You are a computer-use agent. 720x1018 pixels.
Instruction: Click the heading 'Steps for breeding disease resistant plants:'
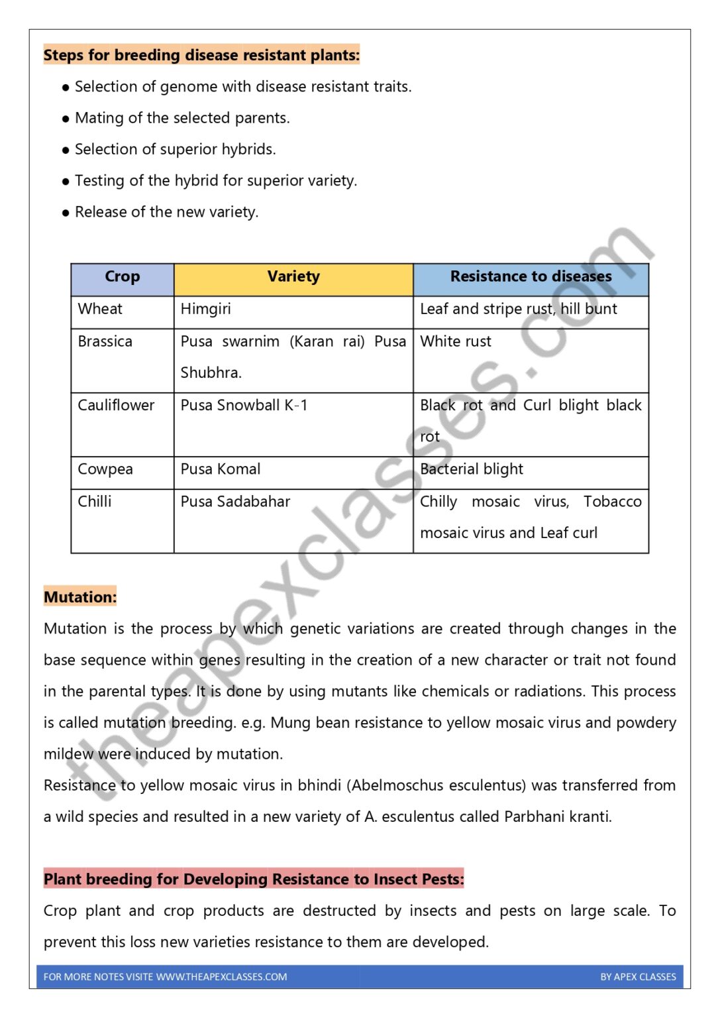coord(201,55)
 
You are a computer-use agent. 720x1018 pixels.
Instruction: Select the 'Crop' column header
coord(122,277)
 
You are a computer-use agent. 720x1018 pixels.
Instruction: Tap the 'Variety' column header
coord(293,277)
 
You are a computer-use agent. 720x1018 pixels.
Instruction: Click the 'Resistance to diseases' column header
coord(531,277)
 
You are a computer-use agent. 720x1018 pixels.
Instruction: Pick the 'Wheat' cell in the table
coord(100,310)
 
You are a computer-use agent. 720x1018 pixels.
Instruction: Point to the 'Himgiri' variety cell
coord(205,310)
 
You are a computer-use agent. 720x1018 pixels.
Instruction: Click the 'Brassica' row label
coord(105,342)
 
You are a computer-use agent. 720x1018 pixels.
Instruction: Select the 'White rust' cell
coord(456,342)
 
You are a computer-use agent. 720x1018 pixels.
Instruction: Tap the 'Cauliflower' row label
coord(116,406)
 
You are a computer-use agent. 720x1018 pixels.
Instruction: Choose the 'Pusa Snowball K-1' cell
coord(244,406)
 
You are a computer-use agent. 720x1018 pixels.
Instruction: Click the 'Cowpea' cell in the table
coord(105,469)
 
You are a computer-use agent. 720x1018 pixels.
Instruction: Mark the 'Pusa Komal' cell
coord(220,469)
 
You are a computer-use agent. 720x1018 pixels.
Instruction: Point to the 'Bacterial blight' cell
coord(471,469)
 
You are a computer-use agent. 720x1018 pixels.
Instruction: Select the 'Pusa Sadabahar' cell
coord(235,502)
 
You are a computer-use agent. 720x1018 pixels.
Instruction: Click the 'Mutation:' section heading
coord(80,597)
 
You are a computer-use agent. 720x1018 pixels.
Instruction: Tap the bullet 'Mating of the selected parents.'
coord(182,118)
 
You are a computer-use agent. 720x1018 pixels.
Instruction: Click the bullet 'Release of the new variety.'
coord(166,212)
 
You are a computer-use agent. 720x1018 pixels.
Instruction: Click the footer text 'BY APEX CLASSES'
coord(638,977)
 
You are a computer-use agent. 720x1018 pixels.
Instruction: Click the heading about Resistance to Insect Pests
coord(254,879)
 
